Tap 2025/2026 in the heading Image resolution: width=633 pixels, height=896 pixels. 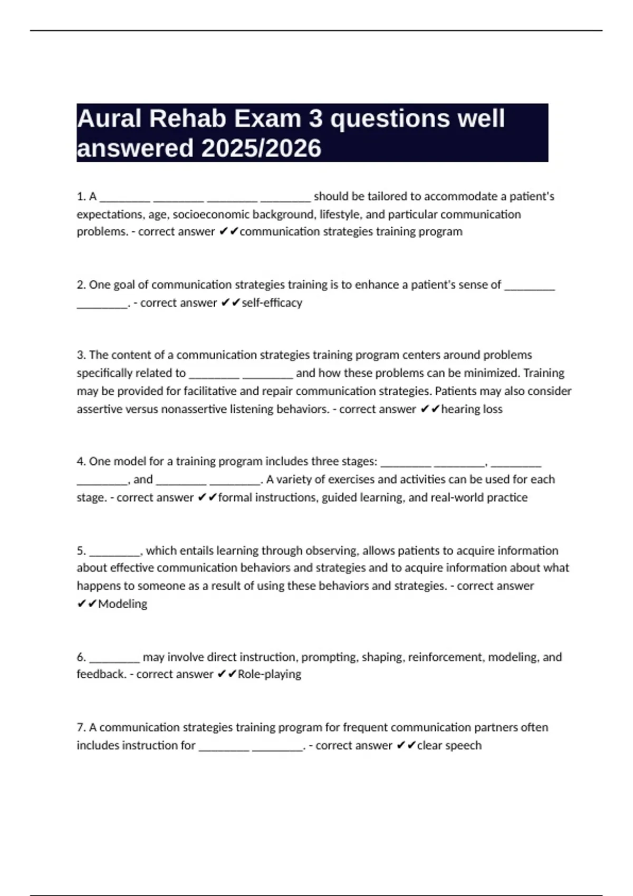(261, 149)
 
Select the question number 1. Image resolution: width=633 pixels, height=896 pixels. (81, 197)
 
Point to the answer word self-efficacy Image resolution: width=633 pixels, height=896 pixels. (272, 303)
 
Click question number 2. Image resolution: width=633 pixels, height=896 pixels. (81, 285)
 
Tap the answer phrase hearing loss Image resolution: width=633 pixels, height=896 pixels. (472, 409)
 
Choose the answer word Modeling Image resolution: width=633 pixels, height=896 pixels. (122, 604)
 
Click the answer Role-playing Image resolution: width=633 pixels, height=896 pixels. (270, 674)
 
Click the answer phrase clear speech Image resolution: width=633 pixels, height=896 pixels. (449, 746)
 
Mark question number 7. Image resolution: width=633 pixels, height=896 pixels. (81, 728)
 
